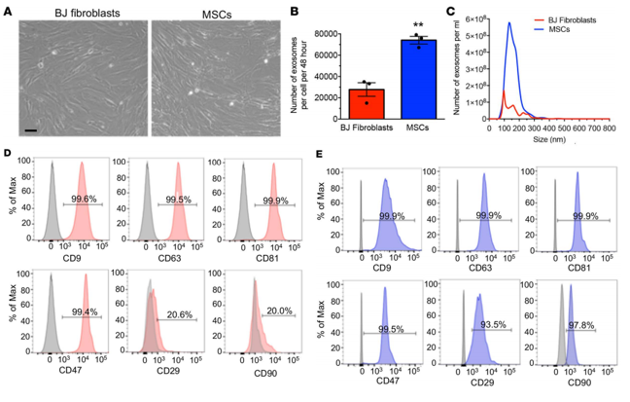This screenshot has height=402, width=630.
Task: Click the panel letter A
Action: pos(9,9)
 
